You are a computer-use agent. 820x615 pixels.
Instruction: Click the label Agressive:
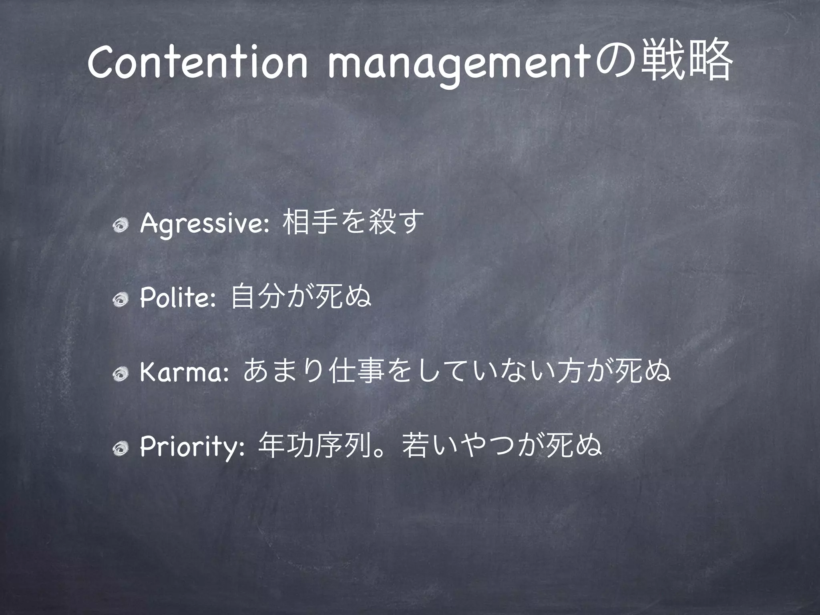204,225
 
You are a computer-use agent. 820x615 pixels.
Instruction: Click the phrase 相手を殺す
353,224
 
